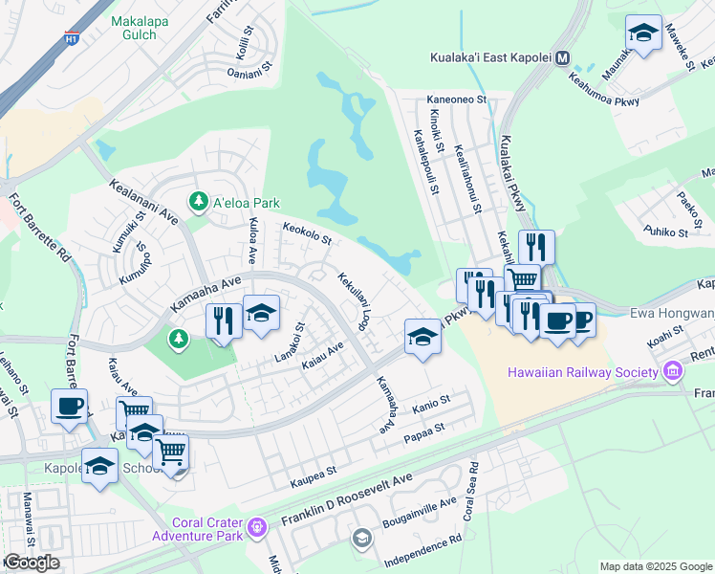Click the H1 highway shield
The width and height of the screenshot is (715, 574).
click(x=71, y=39)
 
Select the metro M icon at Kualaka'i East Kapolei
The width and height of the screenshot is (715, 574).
click(x=563, y=57)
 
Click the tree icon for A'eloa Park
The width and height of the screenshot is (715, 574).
click(x=198, y=202)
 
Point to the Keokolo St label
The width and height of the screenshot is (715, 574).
click(x=306, y=232)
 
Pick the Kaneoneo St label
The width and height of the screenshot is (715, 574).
click(x=457, y=99)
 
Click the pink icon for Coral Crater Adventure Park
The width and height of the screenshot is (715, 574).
click(x=256, y=527)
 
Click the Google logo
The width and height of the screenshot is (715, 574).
click(x=32, y=562)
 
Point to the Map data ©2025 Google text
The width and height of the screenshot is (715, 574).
click(x=656, y=566)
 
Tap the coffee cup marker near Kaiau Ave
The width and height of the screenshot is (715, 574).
click(x=70, y=406)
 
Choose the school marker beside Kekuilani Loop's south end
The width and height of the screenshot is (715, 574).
click(x=422, y=336)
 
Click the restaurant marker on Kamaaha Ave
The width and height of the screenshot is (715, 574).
click(x=224, y=320)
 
